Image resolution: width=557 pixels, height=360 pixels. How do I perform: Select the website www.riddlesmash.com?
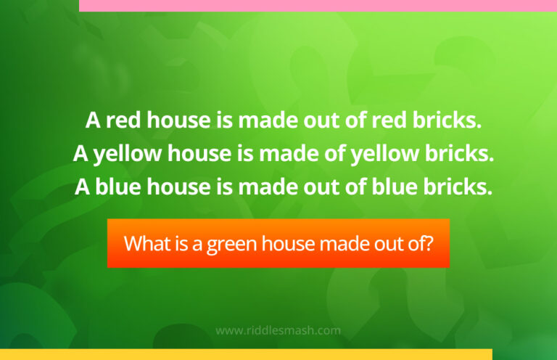(x=278, y=330)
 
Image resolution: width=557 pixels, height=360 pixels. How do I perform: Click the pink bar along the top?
(x=318, y=5)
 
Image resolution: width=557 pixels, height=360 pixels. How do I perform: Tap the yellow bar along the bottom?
(x=246, y=355)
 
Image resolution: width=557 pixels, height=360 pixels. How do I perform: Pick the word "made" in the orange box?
(x=340, y=243)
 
